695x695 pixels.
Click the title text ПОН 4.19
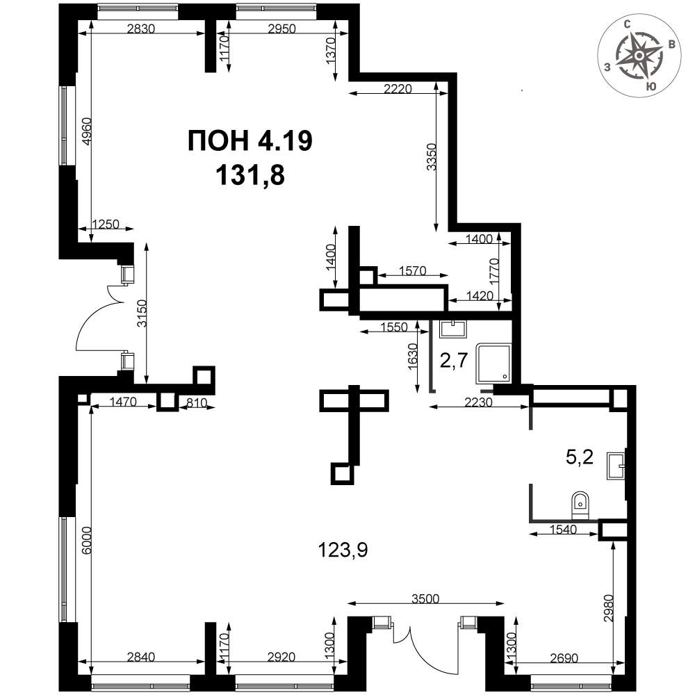click(x=250, y=141)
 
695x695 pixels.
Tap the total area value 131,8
click(x=250, y=175)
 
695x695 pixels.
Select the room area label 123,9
click(x=343, y=551)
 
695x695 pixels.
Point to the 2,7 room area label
click(x=453, y=361)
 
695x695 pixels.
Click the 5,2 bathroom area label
click(x=580, y=457)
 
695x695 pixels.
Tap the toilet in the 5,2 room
click(x=580, y=505)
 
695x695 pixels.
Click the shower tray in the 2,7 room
click(x=493, y=363)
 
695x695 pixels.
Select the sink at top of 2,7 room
click(x=452, y=329)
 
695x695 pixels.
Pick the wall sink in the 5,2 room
click(x=616, y=466)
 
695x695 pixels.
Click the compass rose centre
click(x=639, y=56)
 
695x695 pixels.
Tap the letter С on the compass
click(x=628, y=24)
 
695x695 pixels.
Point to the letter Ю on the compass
click(x=651, y=86)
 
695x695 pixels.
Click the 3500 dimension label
click(x=425, y=599)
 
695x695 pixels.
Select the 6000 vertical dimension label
click(x=86, y=540)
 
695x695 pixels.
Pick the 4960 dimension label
click(x=86, y=131)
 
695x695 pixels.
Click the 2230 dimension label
click(x=479, y=402)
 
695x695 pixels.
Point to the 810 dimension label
click(x=197, y=403)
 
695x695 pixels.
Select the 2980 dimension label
click(x=608, y=608)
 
